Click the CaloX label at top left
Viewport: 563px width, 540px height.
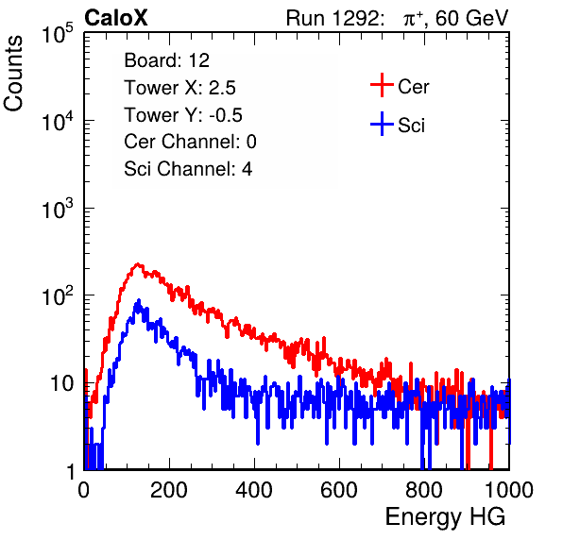pos(116,18)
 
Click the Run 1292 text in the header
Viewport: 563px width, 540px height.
pos(333,18)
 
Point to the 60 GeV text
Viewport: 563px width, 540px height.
pos(472,18)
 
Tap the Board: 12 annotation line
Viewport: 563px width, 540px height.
pos(166,60)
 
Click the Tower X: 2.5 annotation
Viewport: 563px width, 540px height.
pos(179,88)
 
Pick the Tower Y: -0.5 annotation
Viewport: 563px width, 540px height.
pos(183,115)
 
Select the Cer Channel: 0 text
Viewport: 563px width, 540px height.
pos(190,142)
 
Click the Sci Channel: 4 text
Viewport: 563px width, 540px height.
pos(188,169)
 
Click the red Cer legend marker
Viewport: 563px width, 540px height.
pos(382,85)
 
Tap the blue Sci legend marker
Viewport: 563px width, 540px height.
pos(382,125)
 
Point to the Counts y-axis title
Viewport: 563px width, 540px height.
pos(13,74)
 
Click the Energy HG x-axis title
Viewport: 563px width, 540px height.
pos(445,517)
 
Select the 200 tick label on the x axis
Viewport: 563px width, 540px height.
pos(169,490)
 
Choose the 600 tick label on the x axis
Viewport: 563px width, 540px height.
pos(339,490)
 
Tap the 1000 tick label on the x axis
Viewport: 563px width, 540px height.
pos(509,490)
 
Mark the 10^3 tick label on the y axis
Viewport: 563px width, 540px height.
pos(58,209)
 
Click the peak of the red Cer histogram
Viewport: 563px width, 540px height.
pos(137,264)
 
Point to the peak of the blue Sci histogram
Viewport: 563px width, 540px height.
pos(139,300)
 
